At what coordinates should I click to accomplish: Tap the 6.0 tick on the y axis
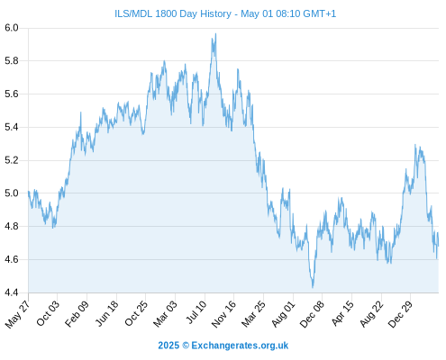pyautogui.click(x=12, y=28)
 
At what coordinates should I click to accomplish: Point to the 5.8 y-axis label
pyautogui.click(x=12, y=61)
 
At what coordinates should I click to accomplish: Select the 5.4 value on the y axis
pyautogui.click(x=12, y=127)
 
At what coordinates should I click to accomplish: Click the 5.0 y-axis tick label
pyautogui.click(x=12, y=193)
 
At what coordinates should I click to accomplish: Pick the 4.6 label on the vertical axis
pyautogui.click(x=12, y=259)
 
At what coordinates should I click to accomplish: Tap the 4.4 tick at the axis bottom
pyautogui.click(x=12, y=292)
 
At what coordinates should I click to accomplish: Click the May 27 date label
pyautogui.click(x=17, y=314)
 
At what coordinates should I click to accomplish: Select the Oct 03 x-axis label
pyautogui.click(x=48, y=313)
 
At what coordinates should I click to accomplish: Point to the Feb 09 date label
pyautogui.click(x=77, y=314)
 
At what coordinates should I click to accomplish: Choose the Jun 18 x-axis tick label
pyautogui.click(x=106, y=313)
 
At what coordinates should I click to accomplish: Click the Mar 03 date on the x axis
pyautogui.click(x=165, y=314)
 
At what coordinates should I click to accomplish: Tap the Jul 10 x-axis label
pyautogui.click(x=196, y=312)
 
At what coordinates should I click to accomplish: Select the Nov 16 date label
pyautogui.click(x=223, y=314)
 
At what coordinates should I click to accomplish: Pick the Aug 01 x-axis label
pyautogui.click(x=283, y=314)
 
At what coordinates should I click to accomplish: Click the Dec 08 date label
pyautogui.click(x=312, y=314)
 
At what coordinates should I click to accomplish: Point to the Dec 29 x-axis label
pyautogui.click(x=400, y=314)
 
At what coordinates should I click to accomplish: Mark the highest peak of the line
pyautogui.click(x=215, y=33)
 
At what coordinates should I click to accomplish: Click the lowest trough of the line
pyautogui.click(x=313, y=288)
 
